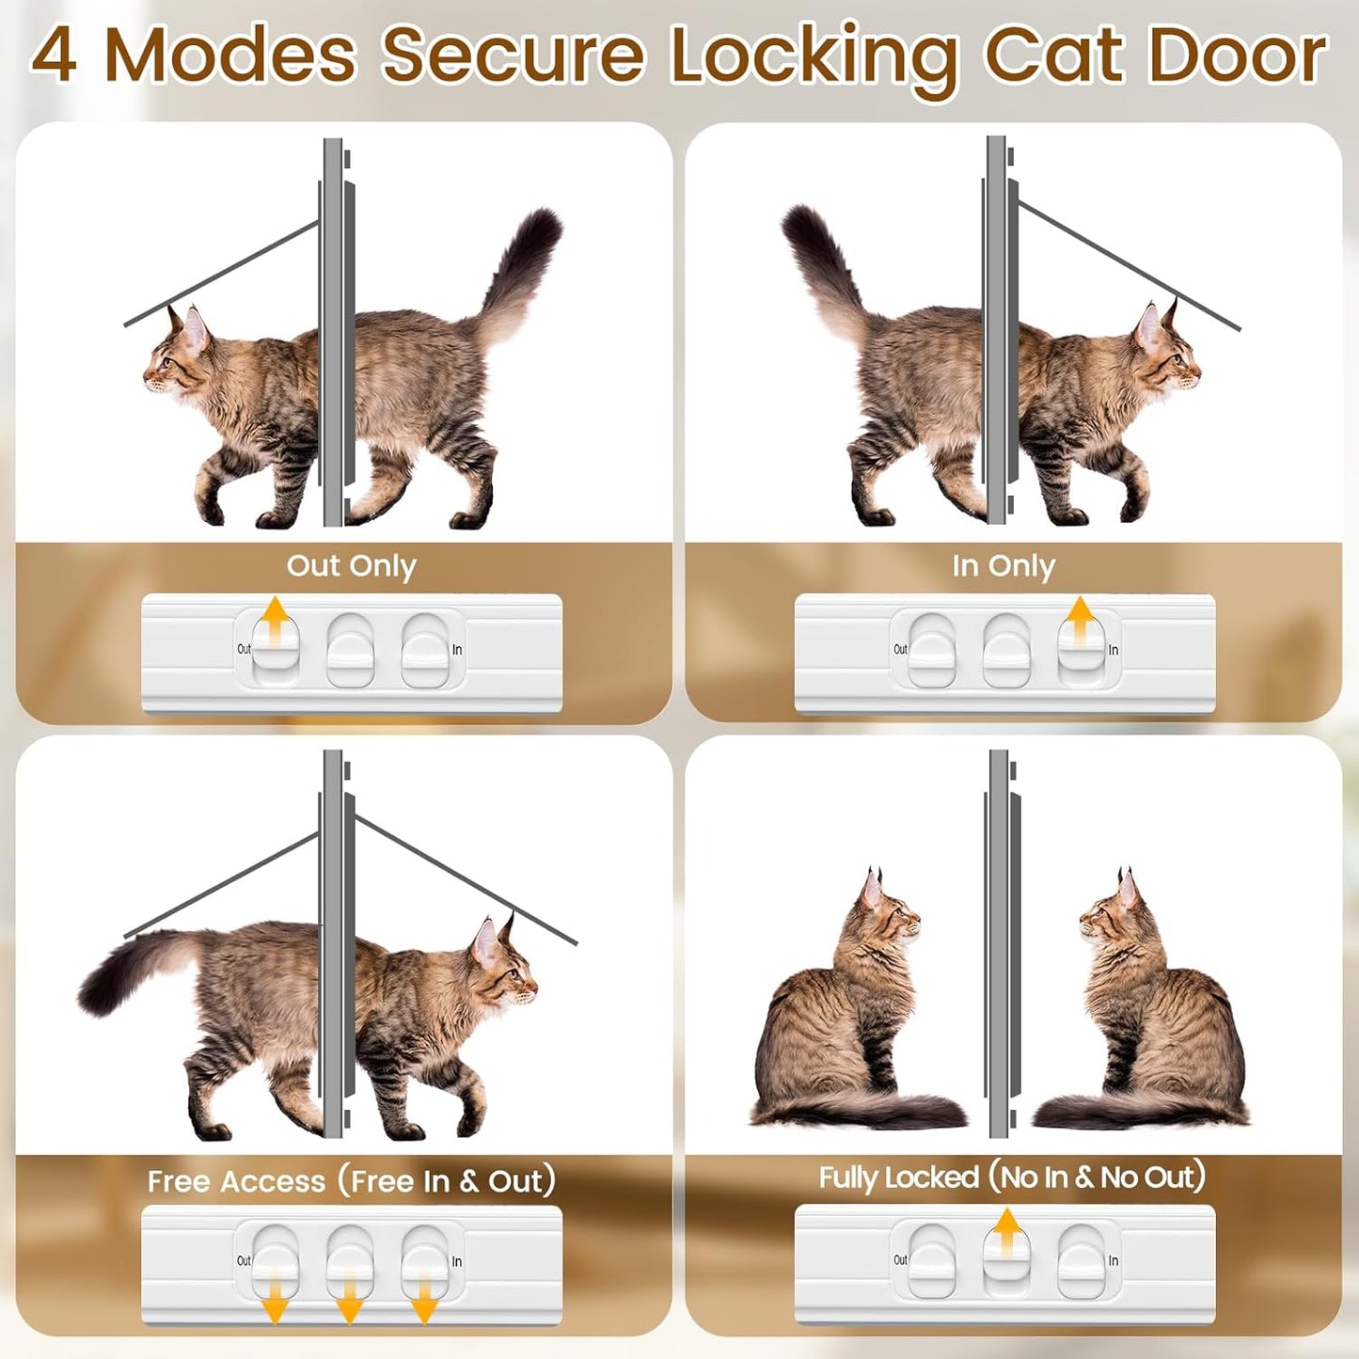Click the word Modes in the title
(230, 55)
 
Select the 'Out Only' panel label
(351, 566)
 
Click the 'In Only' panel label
(1003, 566)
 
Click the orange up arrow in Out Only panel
(275, 616)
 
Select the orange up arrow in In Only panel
(1081, 616)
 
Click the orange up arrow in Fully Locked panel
(1007, 1228)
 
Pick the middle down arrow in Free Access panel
(349, 1304)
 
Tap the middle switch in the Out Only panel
(350, 651)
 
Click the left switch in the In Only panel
(932, 651)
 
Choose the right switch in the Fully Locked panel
(1081, 1261)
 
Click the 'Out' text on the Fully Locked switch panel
(900, 1260)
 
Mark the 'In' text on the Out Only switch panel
(457, 650)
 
